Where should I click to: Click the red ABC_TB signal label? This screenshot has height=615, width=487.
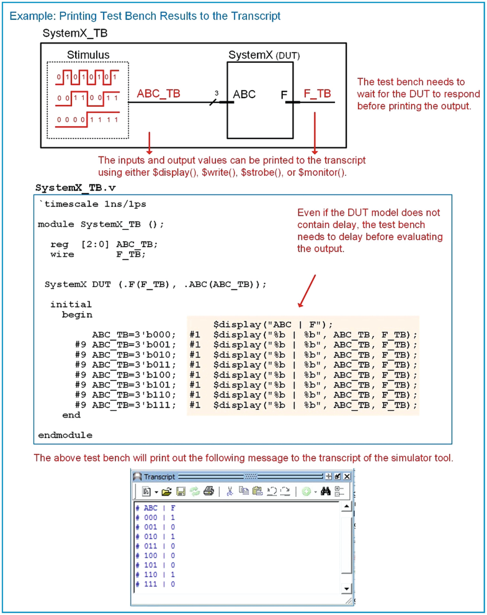[x=158, y=94]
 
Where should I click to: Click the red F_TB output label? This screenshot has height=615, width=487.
[x=317, y=94]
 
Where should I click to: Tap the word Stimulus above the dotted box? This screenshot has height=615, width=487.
[x=88, y=55]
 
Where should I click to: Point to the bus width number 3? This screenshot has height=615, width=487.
[x=217, y=93]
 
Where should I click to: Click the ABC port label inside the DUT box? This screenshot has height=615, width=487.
[x=244, y=94]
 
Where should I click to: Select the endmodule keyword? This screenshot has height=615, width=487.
[x=65, y=435]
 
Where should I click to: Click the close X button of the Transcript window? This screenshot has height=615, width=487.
[x=347, y=476]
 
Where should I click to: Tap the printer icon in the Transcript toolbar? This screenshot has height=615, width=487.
[x=208, y=491]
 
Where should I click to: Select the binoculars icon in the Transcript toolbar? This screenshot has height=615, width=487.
[x=325, y=491]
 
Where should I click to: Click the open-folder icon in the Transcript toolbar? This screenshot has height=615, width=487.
[x=166, y=491]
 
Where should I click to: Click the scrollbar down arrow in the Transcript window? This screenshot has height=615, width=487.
[x=347, y=587]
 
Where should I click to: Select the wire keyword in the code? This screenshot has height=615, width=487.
[x=62, y=254]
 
